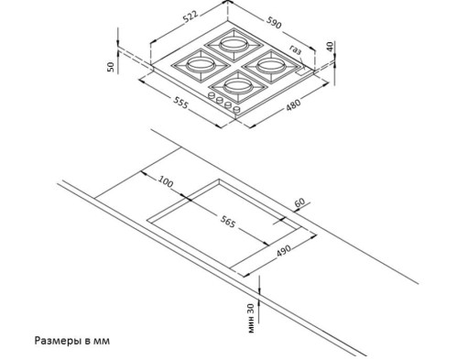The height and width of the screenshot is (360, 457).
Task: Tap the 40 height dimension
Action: point(327,46)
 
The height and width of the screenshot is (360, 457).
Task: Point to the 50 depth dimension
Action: point(111,66)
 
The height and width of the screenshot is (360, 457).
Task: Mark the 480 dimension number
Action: point(293,104)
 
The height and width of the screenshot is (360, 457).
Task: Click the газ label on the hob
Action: point(295,49)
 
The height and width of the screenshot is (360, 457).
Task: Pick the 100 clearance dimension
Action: point(165,181)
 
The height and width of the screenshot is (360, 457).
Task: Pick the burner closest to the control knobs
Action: point(236,86)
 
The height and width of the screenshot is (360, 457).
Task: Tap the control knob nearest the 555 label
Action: point(212,96)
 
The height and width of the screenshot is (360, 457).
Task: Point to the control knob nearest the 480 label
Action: point(238,109)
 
